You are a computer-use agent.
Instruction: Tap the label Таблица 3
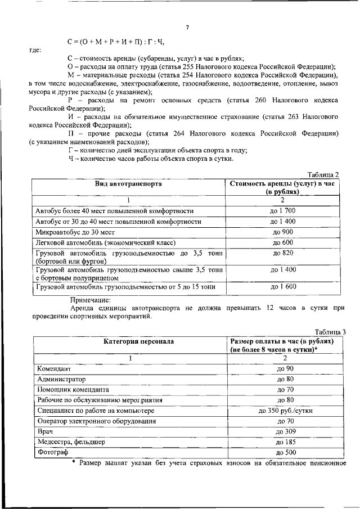pyautogui.click(x=330, y=332)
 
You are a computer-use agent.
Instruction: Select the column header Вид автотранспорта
pyautogui.click(x=129, y=184)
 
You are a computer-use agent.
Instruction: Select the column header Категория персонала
pyautogui.click(x=130, y=341)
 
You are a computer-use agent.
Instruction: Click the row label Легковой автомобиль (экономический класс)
pyautogui.click(x=106, y=243)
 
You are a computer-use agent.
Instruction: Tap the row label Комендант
pyautogui.click(x=54, y=369)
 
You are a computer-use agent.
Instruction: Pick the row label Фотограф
pyautogui.click(x=52, y=452)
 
